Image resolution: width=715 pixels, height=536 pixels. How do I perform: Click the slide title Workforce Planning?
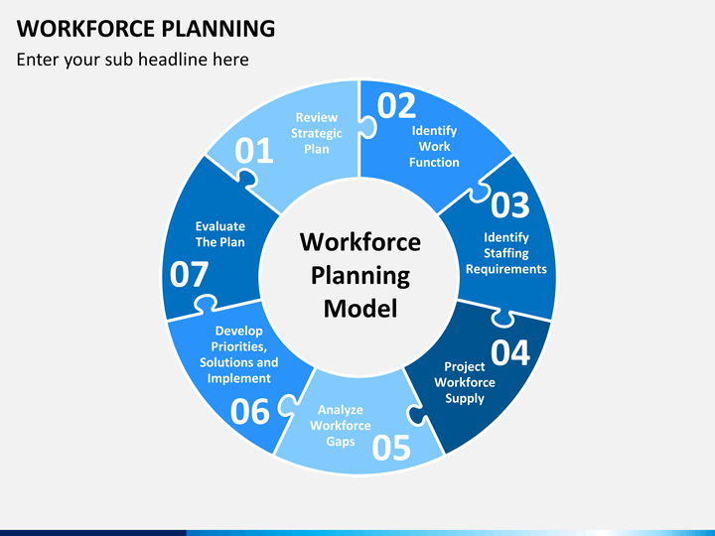point(146,28)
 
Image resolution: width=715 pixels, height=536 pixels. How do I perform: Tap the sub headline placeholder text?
point(133,60)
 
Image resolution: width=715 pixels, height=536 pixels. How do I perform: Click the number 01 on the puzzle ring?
point(254,151)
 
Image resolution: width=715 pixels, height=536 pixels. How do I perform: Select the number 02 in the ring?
point(396,106)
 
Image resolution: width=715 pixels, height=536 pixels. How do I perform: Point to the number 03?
point(510,204)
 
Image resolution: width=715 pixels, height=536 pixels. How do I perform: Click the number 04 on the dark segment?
point(510,352)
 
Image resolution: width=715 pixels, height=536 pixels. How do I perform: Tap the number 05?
point(391,447)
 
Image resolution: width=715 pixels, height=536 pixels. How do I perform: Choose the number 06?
point(250,412)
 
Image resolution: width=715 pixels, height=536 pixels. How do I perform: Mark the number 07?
point(189,274)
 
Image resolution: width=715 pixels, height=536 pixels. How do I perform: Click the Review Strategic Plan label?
point(317,133)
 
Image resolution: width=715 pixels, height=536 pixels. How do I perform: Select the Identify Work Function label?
point(434,146)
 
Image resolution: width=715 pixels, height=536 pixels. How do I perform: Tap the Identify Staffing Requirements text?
point(506,253)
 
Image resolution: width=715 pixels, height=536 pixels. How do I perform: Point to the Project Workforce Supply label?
point(465,382)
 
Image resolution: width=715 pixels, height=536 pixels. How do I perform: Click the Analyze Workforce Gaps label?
point(341,425)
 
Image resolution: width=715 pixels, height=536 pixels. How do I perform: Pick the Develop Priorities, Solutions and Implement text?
point(239,354)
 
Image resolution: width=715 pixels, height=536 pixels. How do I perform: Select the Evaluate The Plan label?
point(220,234)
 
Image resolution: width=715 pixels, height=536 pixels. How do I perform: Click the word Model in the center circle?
point(360,309)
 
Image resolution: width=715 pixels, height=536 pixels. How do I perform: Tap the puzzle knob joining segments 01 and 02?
point(368,127)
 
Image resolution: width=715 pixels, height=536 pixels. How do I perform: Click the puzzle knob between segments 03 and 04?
point(502,318)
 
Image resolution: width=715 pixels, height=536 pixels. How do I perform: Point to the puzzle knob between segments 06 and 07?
point(205,304)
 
